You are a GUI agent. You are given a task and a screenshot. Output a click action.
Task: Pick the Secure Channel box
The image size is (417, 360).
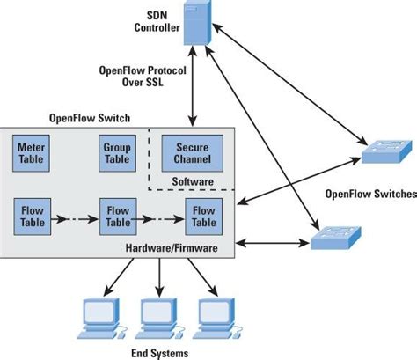coord(192,155)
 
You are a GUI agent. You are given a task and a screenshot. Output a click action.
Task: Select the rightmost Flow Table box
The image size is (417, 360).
coord(203,217)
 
